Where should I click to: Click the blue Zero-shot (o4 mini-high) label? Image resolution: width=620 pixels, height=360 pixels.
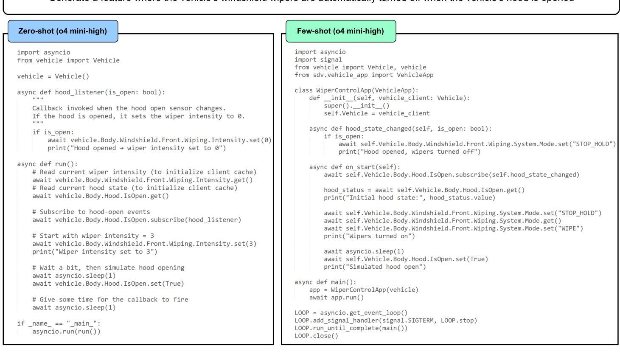(62, 31)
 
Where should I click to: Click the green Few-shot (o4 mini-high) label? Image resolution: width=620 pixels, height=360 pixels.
(340, 31)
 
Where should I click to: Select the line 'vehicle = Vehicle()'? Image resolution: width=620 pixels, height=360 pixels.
(53, 76)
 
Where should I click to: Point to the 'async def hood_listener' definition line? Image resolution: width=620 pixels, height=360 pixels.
(91, 92)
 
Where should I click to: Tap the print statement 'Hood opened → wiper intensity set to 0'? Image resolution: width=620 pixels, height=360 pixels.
(137, 148)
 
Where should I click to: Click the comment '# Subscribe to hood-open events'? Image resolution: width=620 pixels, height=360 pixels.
(91, 212)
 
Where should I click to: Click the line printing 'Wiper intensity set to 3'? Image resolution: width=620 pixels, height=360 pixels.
(95, 252)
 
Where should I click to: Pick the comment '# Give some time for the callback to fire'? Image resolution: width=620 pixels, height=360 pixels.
(110, 299)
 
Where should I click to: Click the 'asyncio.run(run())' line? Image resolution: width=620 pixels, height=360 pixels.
(66, 332)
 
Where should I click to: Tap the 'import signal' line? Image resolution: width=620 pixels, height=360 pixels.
(318, 59)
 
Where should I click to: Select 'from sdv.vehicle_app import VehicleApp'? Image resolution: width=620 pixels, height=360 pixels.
(364, 75)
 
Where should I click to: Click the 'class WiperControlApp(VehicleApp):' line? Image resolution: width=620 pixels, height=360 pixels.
(356, 90)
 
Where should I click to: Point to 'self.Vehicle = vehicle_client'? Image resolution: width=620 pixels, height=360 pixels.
(376, 113)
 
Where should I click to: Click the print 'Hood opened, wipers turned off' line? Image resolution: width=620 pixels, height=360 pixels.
(409, 152)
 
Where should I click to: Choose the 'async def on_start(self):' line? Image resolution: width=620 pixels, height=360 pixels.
(354, 167)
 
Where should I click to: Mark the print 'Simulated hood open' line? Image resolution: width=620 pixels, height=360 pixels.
(374, 267)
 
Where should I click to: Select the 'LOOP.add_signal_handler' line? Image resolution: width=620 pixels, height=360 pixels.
(385, 321)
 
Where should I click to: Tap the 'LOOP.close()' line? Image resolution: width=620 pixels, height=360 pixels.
(316, 336)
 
